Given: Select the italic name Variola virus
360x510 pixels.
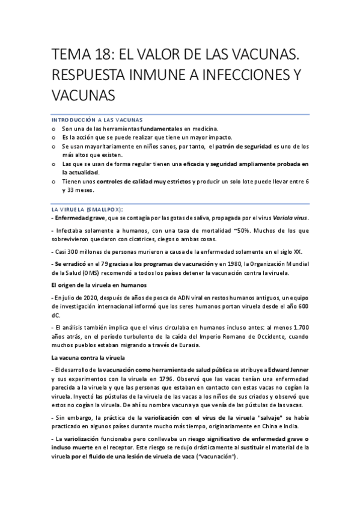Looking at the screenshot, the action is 290,217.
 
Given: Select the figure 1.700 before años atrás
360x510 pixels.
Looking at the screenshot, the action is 299,327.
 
